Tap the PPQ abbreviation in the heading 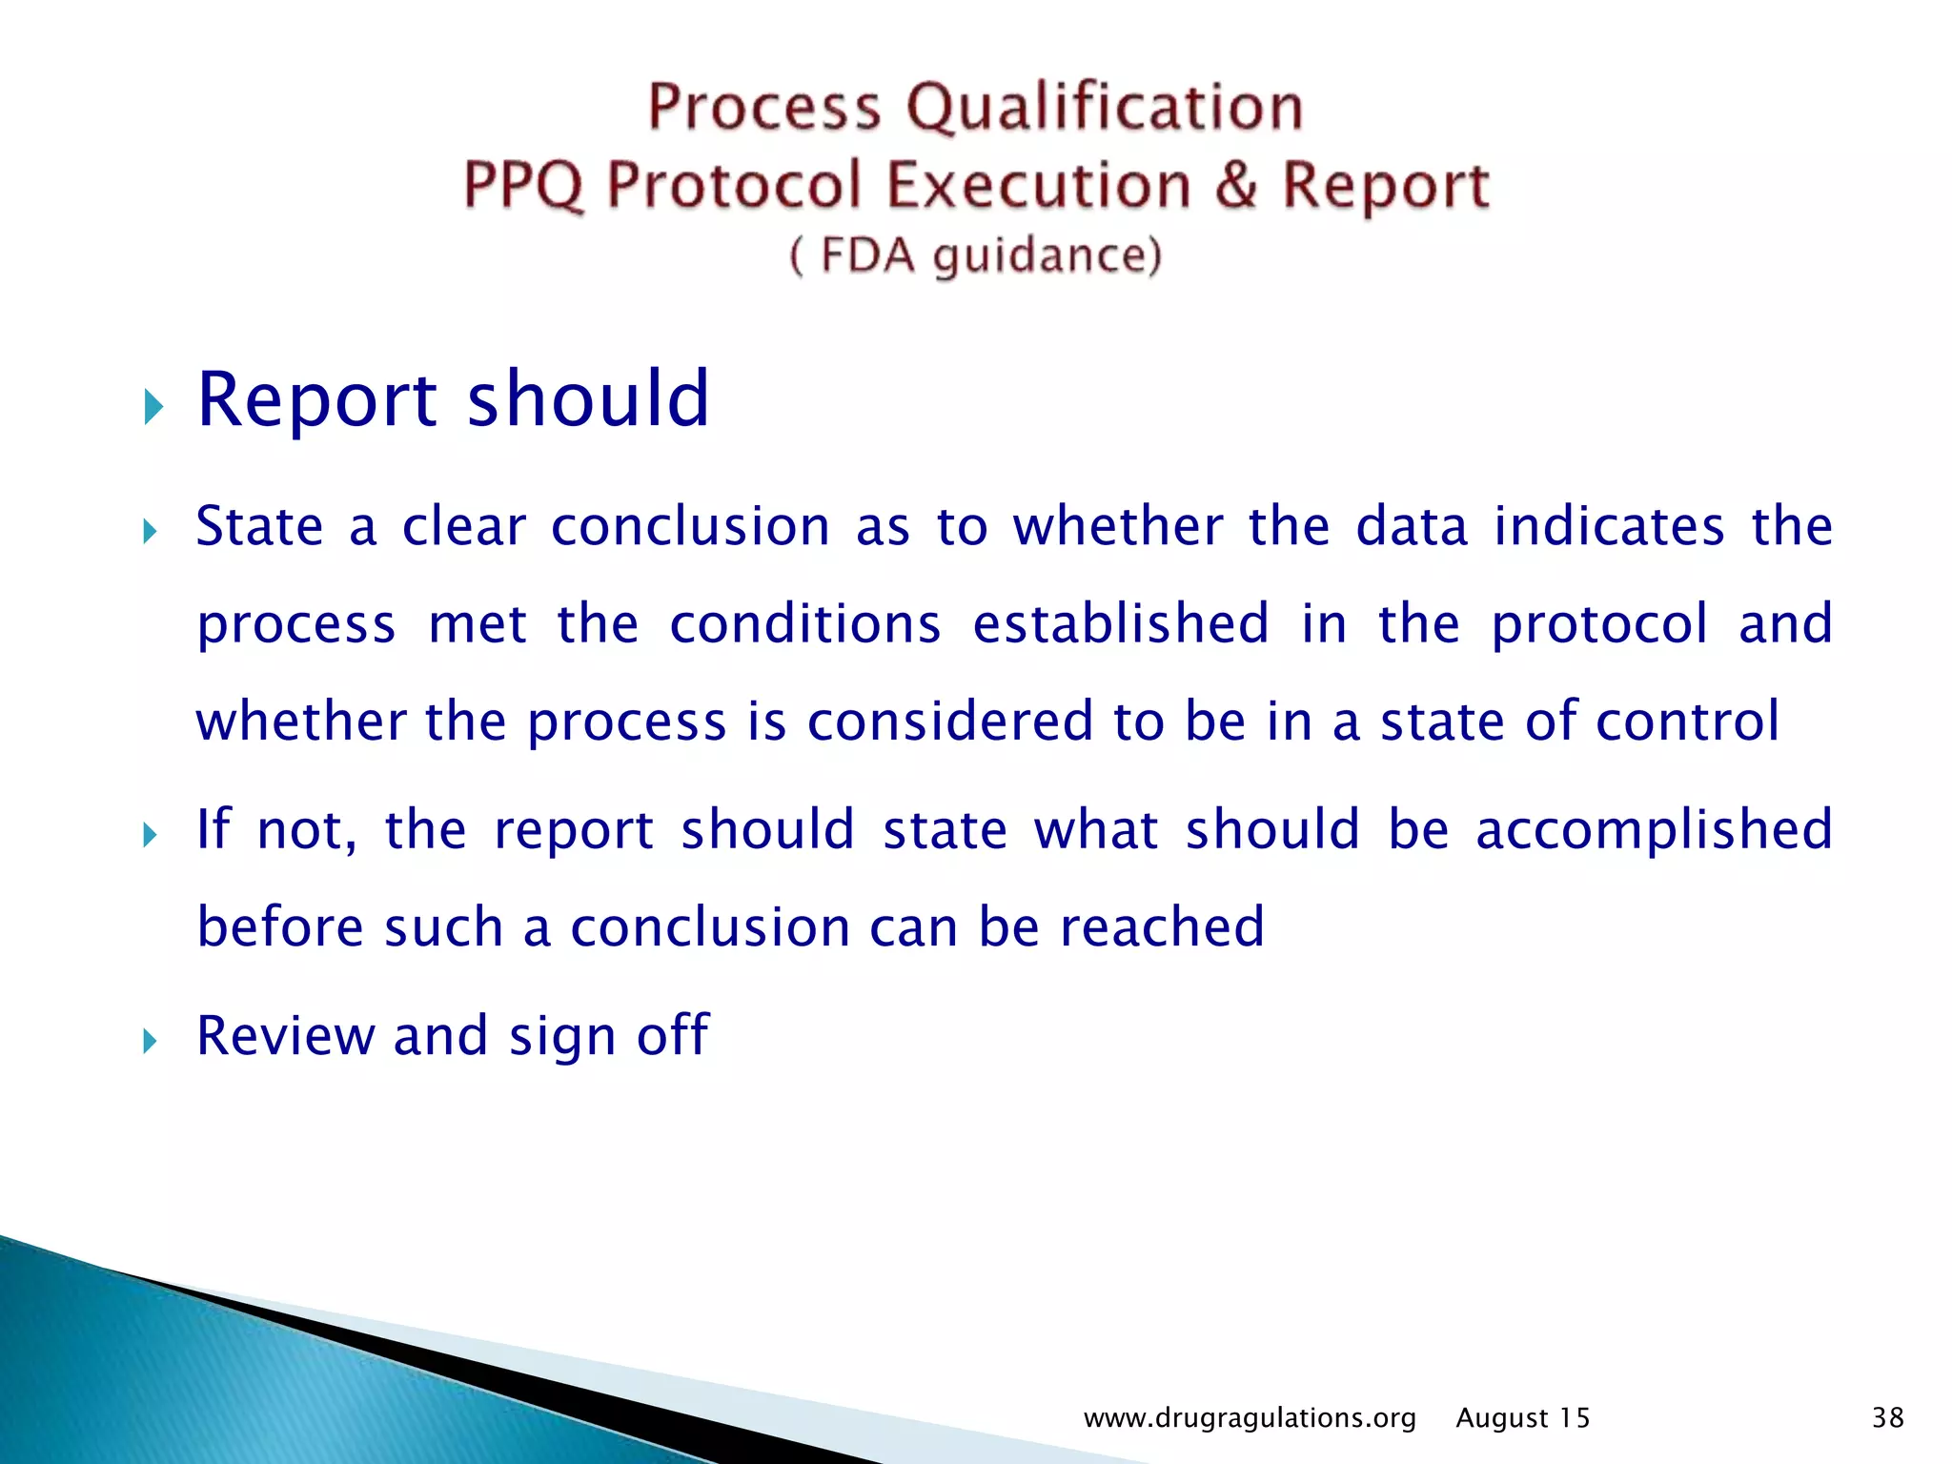pyautogui.click(x=522, y=185)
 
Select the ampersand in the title pyautogui.click(x=1236, y=185)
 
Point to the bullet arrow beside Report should pyautogui.click(x=152, y=407)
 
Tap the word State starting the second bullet pyautogui.click(x=259, y=526)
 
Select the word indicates pyautogui.click(x=1609, y=526)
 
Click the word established pyautogui.click(x=1121, y=623)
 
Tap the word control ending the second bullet pyautogui.click(x=1687, y=721)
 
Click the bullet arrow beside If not pyautogui.click(x=150, y=836)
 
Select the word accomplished pyautogui.click(x=1654, y=829)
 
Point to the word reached pyautogui.click(x=1162, y=926)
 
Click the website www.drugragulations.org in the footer pyautogui.click(x=1250, y=1418)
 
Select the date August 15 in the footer pyautogui.click(x=1522, y=1418)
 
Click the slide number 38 pyautogui.click(x=1887, y=1417)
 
